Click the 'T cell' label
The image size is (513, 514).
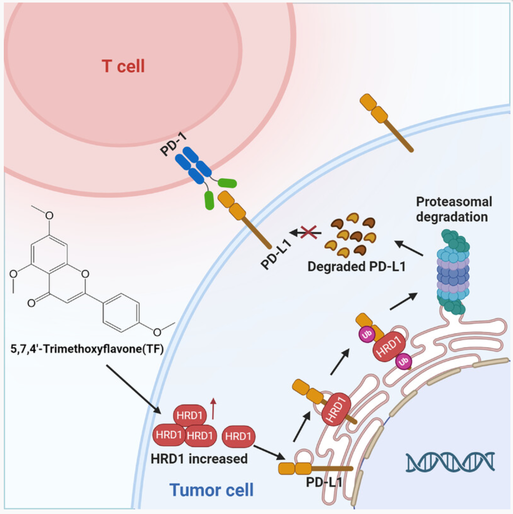[x=123, y=66]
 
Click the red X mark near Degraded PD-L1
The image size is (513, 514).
[x=309, y=232]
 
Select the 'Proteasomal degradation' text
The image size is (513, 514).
[x=453, y=209]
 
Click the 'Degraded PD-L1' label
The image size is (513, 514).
[x=356, y=267]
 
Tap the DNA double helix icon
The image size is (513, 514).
[x=450, y=462]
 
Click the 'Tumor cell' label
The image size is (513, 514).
[x=212, y=490]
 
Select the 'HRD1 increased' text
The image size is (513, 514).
[x=199, y=459]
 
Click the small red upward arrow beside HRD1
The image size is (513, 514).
[x=213, y=408]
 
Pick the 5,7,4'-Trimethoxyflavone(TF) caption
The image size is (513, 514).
[x=87, y=349]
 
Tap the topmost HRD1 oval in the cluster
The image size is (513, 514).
[x=190, y=416]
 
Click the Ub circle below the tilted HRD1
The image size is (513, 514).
[x=404, y=362]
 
